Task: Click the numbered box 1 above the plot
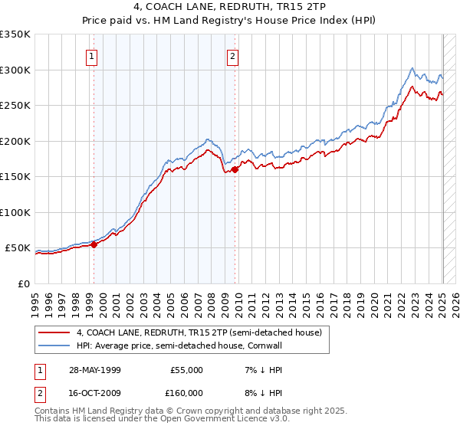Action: coord(91,55)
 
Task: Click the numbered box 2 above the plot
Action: coord(232,55)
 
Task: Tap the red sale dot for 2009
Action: coord(235,170)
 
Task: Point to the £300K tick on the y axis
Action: coord(17,70)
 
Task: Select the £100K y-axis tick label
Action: coord(17,212)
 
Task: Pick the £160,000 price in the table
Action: coord(186,393)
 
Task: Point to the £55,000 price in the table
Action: coord(186,370)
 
